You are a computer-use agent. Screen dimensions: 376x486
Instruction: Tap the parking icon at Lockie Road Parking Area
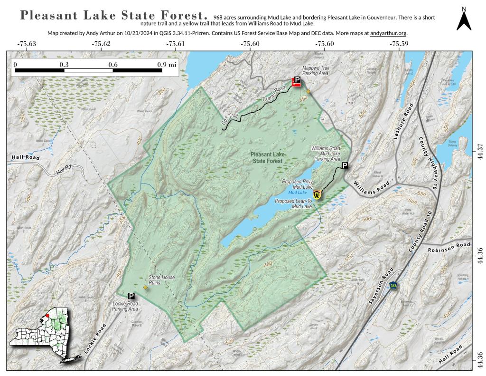pyautogui.click(x=131, y=296)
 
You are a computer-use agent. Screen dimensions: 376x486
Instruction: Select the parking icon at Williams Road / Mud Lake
pyautogui.click(x=345, y=165)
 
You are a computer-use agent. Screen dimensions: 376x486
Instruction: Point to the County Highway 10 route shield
pyautogui.click(x=393, y=285)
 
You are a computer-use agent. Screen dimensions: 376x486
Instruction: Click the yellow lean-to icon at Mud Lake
pyautogui.click(x=317, y=193)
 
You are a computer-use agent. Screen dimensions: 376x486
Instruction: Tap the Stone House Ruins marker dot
pyautogui.click(x=145, y=288)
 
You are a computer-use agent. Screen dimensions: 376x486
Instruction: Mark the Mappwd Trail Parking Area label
pyautogui.click(x=316, y=71)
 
